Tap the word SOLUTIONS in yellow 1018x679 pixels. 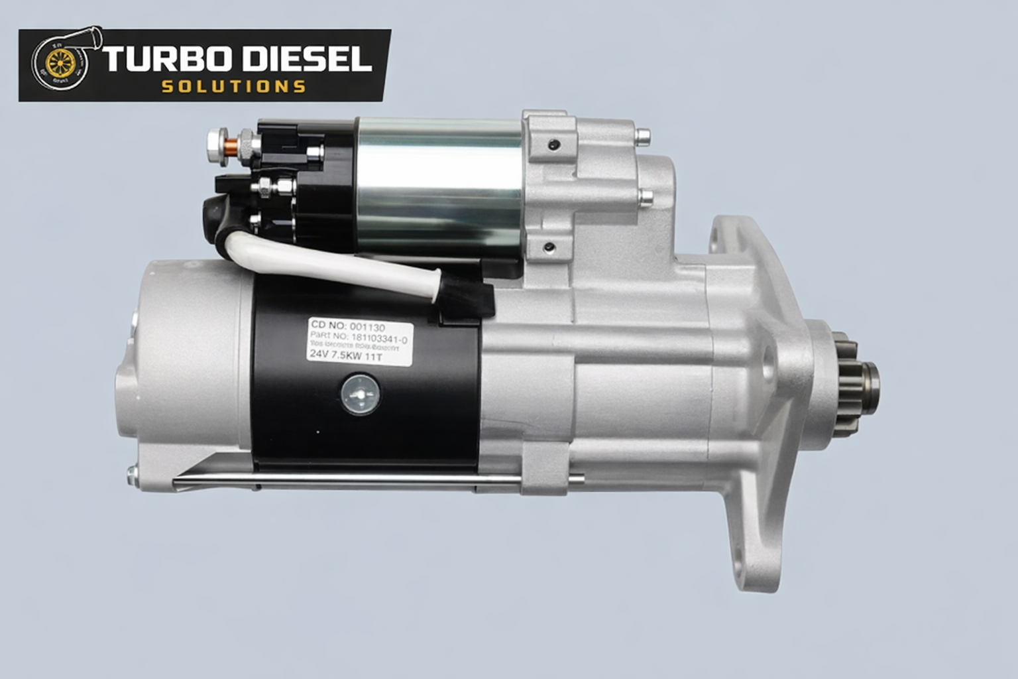[x=233, y=87]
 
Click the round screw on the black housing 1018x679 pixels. [x=360, y=394]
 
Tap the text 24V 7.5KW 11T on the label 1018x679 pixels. [x=345, y=355]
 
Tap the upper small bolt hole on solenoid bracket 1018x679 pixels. [x=553, y=144]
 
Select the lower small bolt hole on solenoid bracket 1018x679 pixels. [x=549, y=248]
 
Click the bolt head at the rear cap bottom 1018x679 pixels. [x=132, y=473]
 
